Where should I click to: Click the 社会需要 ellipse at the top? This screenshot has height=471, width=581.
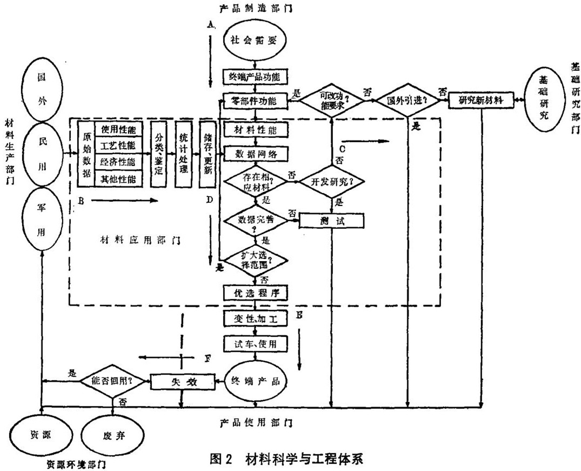click(251, 41)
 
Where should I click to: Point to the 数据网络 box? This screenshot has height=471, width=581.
click(256, 154)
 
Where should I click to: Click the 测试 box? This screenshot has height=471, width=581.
click(331, 220)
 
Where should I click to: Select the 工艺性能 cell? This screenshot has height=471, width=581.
click(119, 146)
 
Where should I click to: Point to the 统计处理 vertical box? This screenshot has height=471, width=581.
click(183, 153)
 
